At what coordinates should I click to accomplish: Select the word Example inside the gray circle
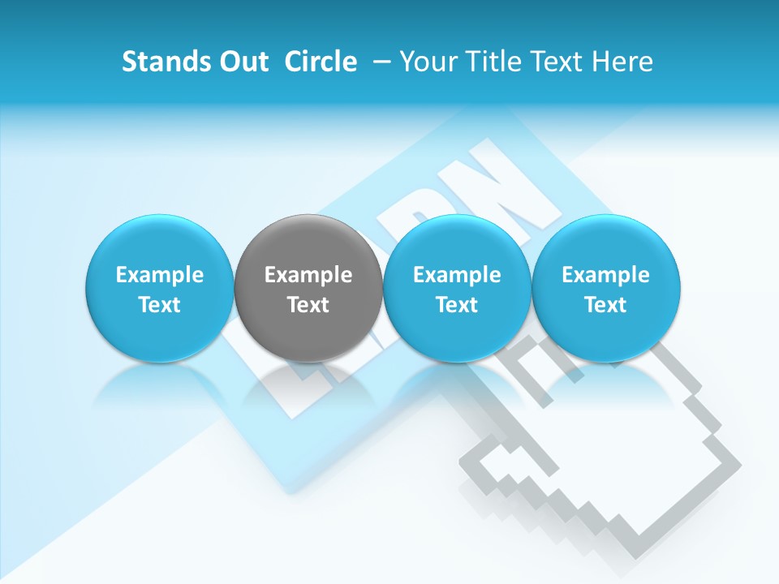308,275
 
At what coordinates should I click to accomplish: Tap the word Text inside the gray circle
308,305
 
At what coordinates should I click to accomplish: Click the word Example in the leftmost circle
160,275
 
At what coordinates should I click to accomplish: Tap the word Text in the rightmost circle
605,305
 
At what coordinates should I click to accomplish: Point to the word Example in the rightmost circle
605,275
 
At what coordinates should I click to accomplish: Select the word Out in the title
241,62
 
